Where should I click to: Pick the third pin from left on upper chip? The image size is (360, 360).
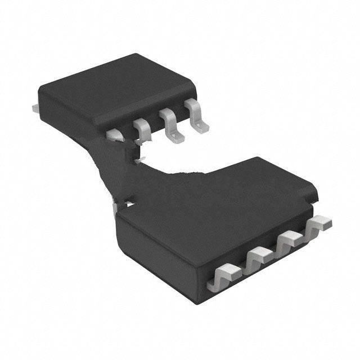point(169,120)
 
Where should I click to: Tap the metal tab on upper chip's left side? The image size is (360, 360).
point(35,106)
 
